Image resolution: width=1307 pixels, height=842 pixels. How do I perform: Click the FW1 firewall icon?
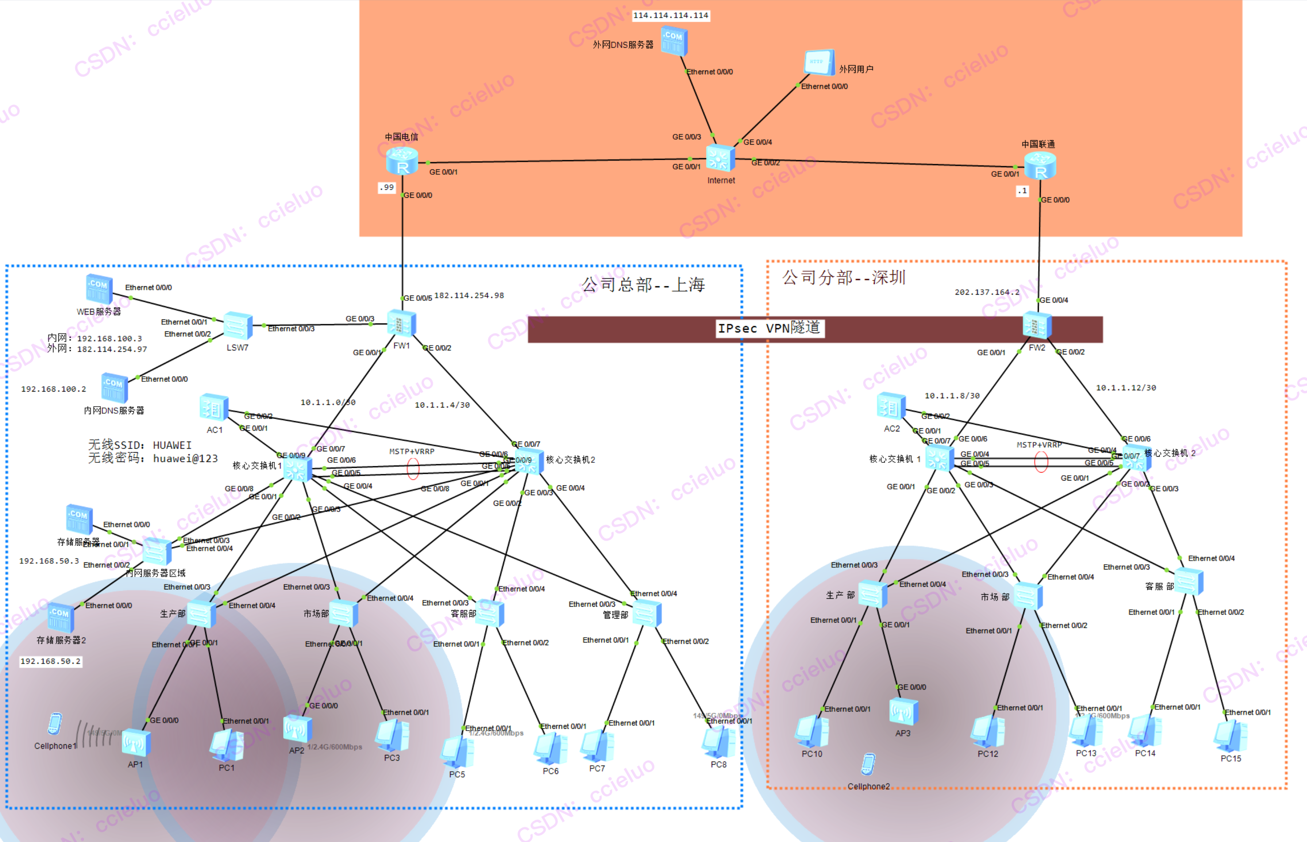tap(401, 324)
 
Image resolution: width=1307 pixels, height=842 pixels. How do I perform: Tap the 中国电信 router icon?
tap(402, 161)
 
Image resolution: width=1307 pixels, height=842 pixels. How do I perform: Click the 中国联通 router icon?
tap(1040, 165)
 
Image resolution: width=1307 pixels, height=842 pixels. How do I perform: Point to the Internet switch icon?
tap(720, 158)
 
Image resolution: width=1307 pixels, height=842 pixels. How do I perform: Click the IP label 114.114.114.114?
tap(671, 15)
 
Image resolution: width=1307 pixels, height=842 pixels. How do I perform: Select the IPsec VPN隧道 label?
tap(769, 328)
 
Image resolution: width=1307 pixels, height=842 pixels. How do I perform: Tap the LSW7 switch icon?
tap(238, 327)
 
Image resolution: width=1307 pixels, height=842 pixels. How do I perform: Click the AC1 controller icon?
tap(214, 408)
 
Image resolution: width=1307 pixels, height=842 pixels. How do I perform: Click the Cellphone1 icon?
tap(55, 724)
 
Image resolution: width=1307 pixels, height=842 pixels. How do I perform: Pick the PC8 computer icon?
tap(719, 742)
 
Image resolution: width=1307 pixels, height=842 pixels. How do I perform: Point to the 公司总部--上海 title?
tap(643, 285)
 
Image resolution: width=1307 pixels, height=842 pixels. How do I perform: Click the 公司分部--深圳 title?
tap(844, 278)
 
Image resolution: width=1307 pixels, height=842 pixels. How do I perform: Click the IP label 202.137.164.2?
tap(987, 292)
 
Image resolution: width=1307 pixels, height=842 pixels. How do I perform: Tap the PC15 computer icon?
tap(1230, 737)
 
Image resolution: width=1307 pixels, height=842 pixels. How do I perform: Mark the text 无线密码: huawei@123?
tap(153, 459)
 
